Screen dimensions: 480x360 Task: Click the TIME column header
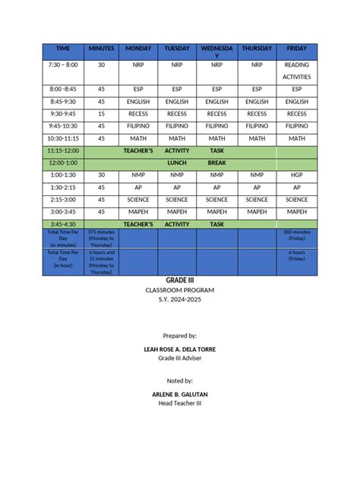click(x=62, y=49)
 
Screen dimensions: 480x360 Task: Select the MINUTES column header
click(x=101, y=49)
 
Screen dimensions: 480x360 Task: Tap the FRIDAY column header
click(x=296, y=49)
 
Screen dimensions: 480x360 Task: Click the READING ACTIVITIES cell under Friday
click(x=296, y=71)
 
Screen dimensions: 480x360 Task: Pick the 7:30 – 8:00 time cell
click(x=62, y=65)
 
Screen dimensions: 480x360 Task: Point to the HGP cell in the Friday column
click(x=296, y=175)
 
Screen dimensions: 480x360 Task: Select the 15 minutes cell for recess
click(x=101, y=113)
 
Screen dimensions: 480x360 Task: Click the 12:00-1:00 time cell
click(x=62, y=163)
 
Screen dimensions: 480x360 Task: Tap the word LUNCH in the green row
click(x=176, y=163)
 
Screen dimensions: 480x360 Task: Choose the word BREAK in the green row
click(x=217, y=163)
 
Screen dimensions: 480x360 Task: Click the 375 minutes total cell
click(x=101, y=238)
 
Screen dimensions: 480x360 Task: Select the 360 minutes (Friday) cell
click(x=296, y=235)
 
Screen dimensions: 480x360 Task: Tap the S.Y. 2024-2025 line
click(x=180, y=300)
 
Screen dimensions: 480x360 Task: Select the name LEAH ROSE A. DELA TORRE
click(x=180, y=347)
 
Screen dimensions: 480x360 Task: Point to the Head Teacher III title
click(x=180, y=403)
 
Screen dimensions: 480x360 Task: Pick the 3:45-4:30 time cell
click(x=62, y=224)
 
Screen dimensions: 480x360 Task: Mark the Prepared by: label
click(x=180, y=334)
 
